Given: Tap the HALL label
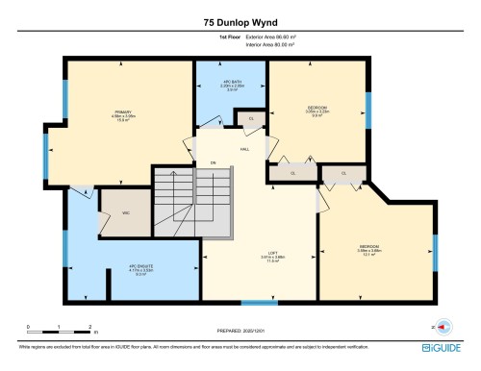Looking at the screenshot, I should pyautogui.click(x=245, y=149).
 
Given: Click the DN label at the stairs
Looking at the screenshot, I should pyautogui.click(x=213, y=162).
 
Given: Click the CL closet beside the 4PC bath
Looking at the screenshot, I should pyautogui.click(x=251, y=118).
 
